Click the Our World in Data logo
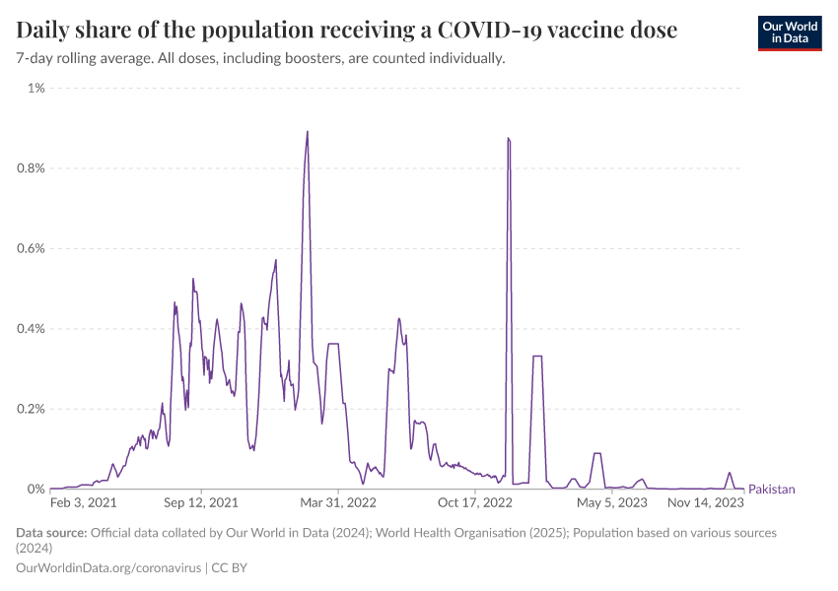pyautogui.click(x=789, y=33)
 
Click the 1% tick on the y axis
pyautogui.click(x=35, y=89)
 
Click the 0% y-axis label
pyautogui.click(x=35, y=490)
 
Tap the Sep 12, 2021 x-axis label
pyautogui.click(x=201, y=502)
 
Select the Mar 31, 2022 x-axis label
pyautogui.click(x=338, y=502)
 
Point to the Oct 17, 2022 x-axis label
pyautogui.click(x=475, y=502)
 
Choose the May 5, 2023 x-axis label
pyautogui.click(x=611, y=502)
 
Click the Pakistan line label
pyautogui.click(x=772, y=490)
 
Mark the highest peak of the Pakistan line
pyautogui.click(x=308, y=132)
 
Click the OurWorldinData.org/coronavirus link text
pyautogui.click(x=108, y=567)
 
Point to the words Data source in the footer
pyautogui.click(x=50, y=533)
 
